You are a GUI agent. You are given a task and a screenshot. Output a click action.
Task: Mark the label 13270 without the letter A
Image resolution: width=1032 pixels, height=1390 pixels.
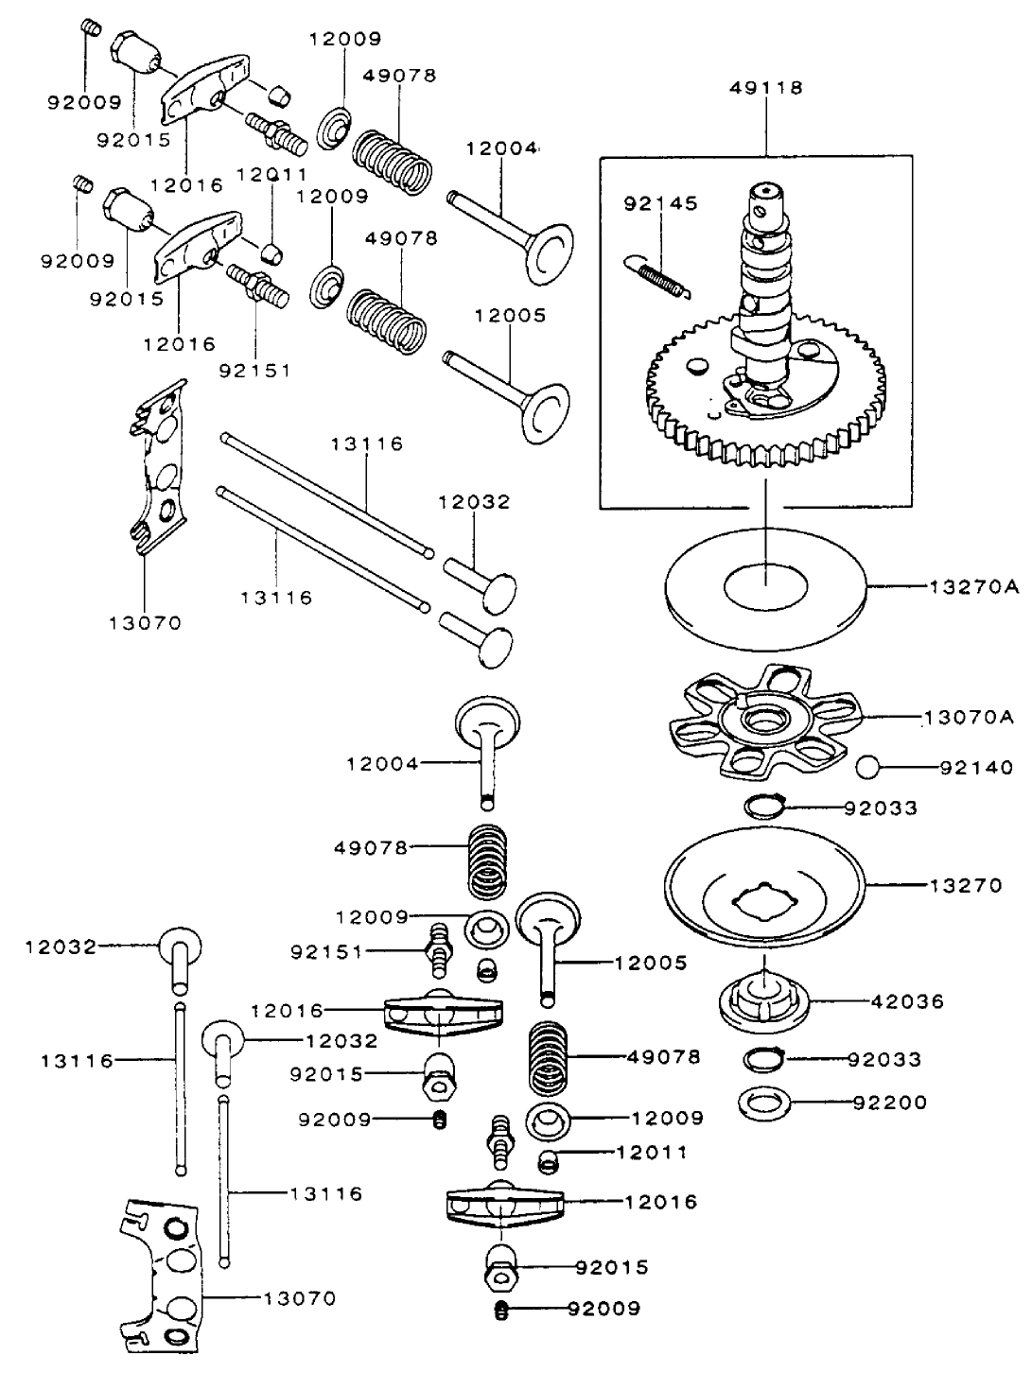tap(965, 886)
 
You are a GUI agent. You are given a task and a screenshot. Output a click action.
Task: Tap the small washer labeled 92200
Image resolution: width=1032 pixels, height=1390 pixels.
tap(764, 1102)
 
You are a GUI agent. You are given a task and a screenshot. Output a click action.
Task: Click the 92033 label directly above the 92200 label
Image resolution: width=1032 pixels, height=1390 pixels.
tap(882, 1060)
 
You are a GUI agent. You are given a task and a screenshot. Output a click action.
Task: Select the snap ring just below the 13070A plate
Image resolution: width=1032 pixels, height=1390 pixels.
tap(765, 807)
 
